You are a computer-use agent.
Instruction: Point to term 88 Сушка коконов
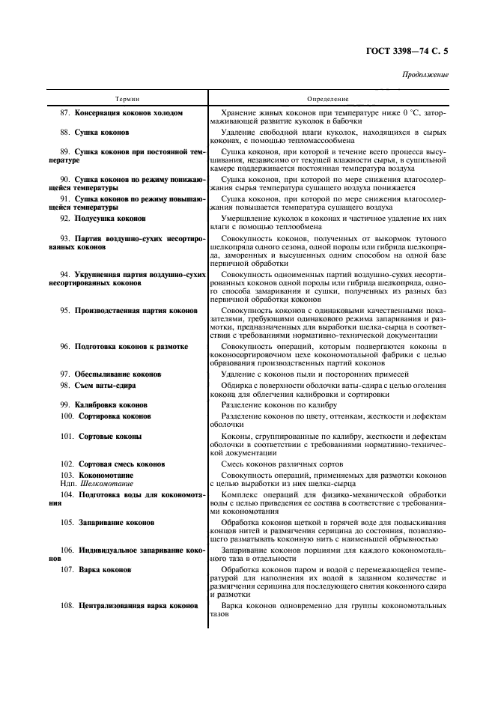[x=103, y=132]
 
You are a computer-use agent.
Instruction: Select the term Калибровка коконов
[x=115, y=404]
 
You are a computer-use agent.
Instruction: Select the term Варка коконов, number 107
[x=105, y=569]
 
